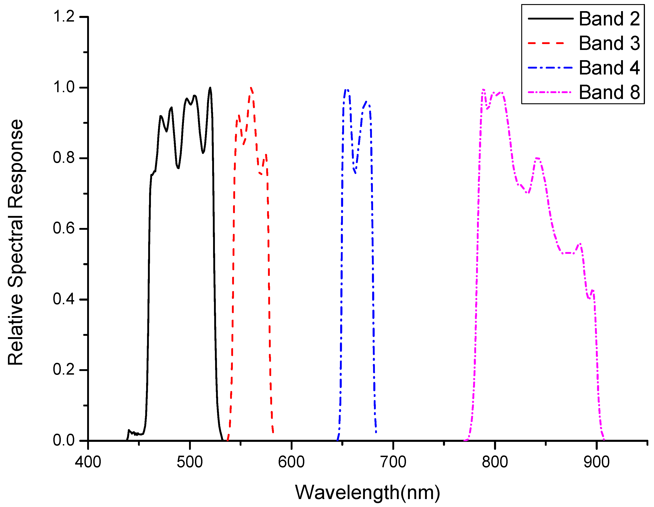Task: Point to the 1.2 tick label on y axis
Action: click(x=64, y=17)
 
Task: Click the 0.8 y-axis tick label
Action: click(x=64, y=158)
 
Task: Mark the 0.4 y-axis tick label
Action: click(x=64, y=299)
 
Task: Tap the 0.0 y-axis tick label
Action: click(x=64, y=440)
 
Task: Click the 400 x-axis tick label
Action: click(x=88, y=462)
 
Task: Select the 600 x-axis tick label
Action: click(x=291, y=462)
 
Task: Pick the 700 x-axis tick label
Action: click(x=393, y=462)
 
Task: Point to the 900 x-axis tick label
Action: click(x=596, y=462)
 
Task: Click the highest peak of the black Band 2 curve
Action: click(x=210, y=88)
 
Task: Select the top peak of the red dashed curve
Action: click(x=251, y=88)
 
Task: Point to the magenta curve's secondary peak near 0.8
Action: click(x=538, y=158)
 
